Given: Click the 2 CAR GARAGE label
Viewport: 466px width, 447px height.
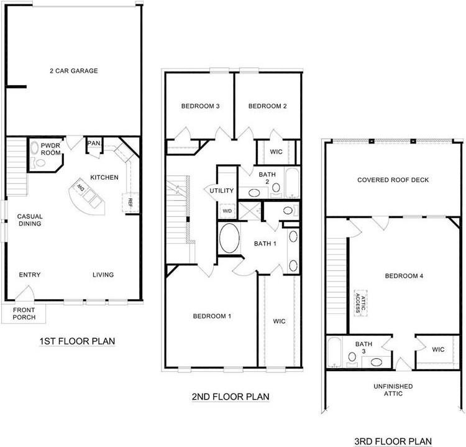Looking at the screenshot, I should (x=74, y=71).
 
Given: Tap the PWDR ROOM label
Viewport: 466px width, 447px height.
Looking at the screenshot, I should (x=51, y=149).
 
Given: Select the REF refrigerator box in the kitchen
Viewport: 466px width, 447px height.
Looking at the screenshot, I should (x=130, y=201).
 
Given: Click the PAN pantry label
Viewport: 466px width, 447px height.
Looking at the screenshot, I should (x=94, y=144).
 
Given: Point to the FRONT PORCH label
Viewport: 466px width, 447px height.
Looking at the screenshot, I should (x=25, y=313).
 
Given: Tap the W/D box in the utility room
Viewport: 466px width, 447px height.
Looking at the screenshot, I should (x=227, y=210).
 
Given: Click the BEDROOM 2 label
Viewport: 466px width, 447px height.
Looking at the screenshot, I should (x=267, y=106).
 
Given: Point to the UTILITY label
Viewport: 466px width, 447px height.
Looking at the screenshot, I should (x=222, y=190).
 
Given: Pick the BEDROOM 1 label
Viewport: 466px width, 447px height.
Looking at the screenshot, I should (x=212, y=316).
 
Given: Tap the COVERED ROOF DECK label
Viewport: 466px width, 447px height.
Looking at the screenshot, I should (x=393, y=180).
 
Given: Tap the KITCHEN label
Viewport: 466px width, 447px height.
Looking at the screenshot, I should (x=104, y=178).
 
